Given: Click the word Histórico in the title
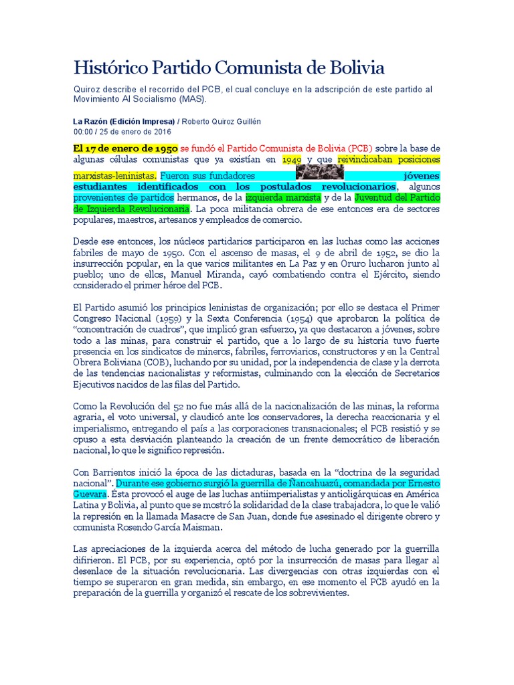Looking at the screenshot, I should coord(110,68).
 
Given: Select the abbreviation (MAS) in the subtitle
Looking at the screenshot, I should coord(192,98).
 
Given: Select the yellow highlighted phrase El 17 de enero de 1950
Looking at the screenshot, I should coord(125,148).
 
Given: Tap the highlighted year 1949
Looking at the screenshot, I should coord(292,161).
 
